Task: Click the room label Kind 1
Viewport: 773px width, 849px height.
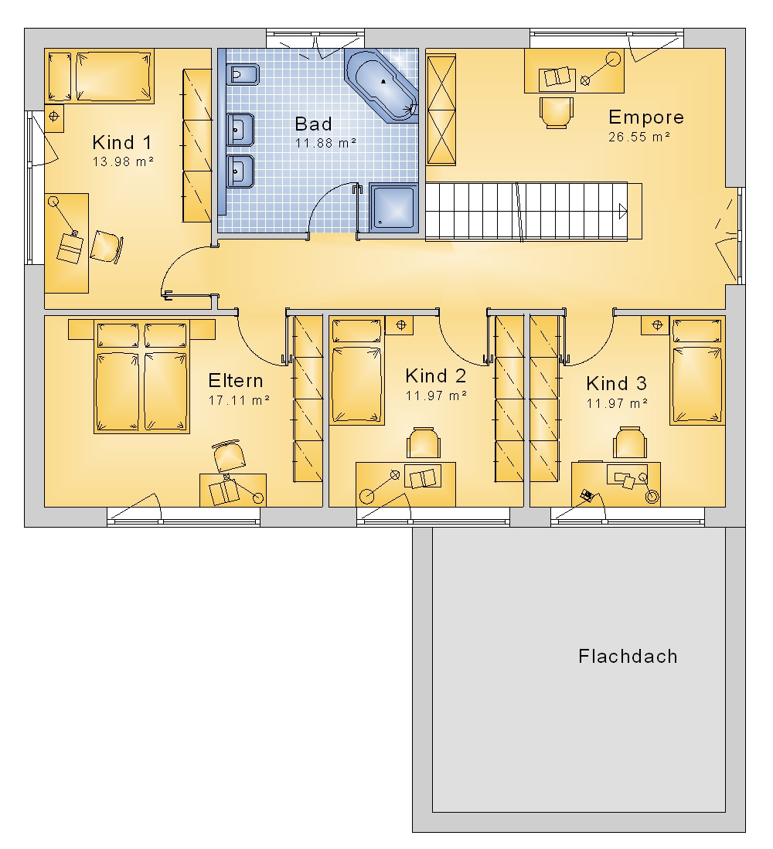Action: coord(122,142)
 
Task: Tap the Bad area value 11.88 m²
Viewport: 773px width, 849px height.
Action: coord(325,143)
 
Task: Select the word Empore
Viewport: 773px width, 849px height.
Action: coord(645,117)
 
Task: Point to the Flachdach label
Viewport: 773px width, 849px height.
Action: coord(628,656)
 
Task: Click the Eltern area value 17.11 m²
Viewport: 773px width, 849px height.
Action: coord(239,400)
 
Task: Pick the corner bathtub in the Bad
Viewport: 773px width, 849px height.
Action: coord(381,84)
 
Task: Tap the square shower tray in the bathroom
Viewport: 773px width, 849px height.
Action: coord(393,208)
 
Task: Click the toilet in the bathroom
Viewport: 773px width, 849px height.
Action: coord(243,75)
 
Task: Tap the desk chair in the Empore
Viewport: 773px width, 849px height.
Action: coord(557,113)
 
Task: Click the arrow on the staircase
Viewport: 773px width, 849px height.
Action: coord(623,211)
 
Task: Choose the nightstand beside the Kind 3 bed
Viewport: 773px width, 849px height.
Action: coord(656,325)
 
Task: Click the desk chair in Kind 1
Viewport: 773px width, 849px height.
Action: coord(106,247)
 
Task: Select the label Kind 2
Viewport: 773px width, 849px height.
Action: coord(435,375)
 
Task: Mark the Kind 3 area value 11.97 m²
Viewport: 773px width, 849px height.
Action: coord(617,403)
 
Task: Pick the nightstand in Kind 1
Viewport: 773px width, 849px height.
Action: coord(54,117)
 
